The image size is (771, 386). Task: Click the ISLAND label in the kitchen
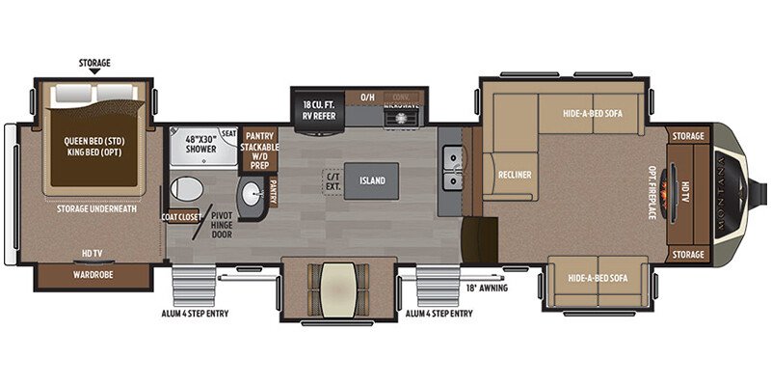[x=372, y=180]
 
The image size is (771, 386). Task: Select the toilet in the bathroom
[x=182, y=189]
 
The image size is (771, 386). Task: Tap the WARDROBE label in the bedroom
[x=93, y=274]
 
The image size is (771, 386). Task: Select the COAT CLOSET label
[x=181, y=216]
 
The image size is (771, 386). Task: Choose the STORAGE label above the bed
[x=93, y=63]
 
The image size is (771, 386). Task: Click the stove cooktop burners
[x=398, y=118]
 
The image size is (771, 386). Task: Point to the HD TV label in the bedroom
[x=93, y=253]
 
